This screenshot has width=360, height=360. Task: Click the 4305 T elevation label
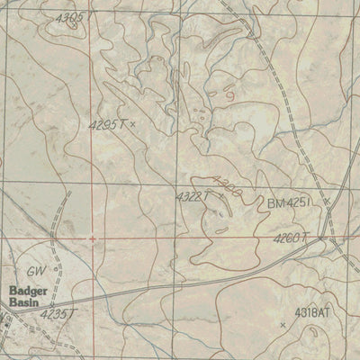[69, 17]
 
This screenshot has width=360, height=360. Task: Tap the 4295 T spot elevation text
[108, 125]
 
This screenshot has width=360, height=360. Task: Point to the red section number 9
[230, 93]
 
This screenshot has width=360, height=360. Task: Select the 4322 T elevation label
[192, 195]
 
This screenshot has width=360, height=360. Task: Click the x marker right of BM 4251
[327, 201]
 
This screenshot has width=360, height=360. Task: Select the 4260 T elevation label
[292, 238]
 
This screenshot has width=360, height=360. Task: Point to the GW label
[34, 270]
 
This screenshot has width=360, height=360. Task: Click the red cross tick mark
[94, 238]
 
